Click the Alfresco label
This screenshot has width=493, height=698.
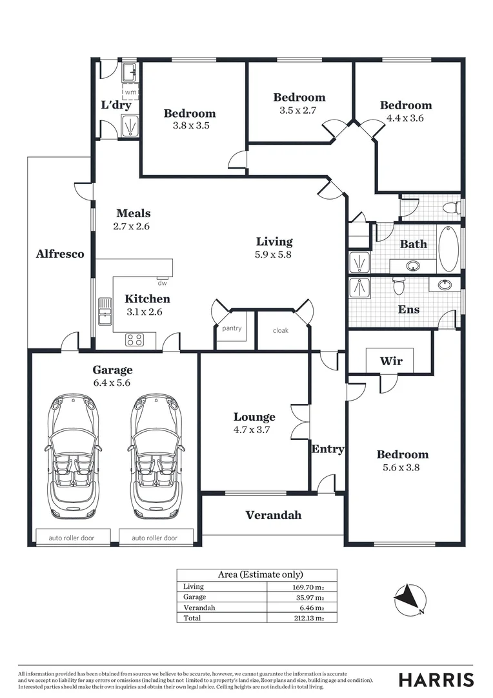[x=60, y=254]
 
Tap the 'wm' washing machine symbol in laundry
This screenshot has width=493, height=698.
[x=130, y=92]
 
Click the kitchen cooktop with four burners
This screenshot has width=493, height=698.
[x=134, y=339]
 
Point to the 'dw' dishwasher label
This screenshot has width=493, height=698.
[x=162, y=282]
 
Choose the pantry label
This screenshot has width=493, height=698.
[x=232, y=328]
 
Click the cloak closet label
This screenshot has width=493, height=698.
[x=281, y=330]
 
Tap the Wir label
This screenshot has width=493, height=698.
[x=391, y=361]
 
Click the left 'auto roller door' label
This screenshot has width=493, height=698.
[x=74, y=538]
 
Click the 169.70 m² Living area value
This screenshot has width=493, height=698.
[x=307, y=587]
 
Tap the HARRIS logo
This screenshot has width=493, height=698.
[x=436, y=680]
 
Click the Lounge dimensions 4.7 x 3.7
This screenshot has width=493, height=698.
[x=254, y=429]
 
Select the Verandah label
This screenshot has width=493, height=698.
[x=273, y=515]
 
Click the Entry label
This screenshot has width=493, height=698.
[x=328, y=449]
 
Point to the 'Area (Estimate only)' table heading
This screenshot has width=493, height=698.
[x=256, y=575]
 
